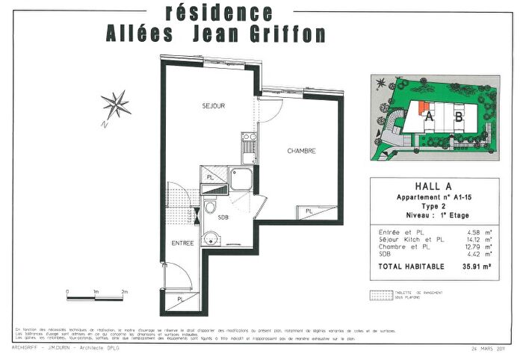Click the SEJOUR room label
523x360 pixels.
[x=214, y=106]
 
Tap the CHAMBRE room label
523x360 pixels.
[x=302, y=151]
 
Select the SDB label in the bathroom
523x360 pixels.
[x=223, y=217]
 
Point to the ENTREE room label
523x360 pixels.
[x=183, y=243]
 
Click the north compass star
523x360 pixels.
[x=115, y=105]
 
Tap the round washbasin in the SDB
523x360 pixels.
[x=212, y=240]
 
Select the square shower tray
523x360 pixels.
[x=241, y=180]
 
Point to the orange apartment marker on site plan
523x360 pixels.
[x=424, y=108]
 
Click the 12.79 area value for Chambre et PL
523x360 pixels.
[x=476, y=246]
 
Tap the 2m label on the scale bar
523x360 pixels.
[x=125, y=291]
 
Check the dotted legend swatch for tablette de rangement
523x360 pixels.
[x=381, y=295]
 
